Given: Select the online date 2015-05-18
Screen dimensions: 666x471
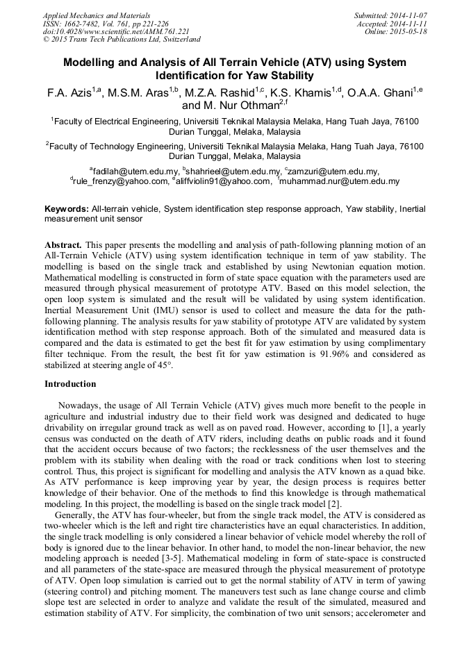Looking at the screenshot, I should click(408, 31).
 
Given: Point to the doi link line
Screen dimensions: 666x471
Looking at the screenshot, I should click(116, 31).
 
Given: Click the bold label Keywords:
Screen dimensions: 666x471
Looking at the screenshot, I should click(67, 209).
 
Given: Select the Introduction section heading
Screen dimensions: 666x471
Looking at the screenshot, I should click(70, 383).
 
